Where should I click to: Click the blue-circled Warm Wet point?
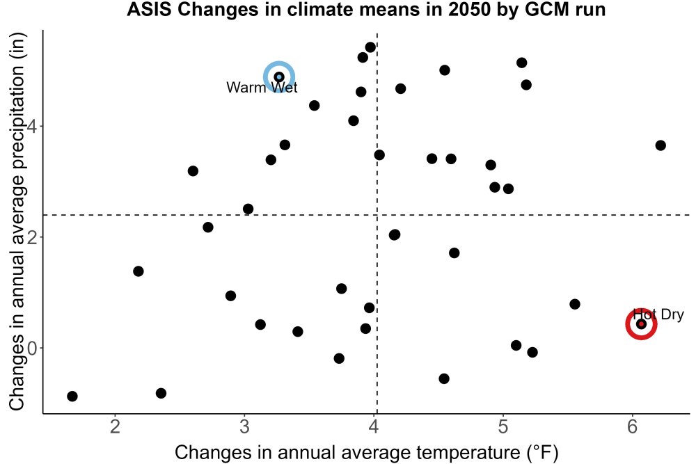tap(279, 77)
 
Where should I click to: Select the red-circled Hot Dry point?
tap(641, 324)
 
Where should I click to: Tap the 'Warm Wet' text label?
tap(262, 88)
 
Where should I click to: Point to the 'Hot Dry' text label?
tap(658, 314)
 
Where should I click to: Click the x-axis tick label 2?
tap(116, 426)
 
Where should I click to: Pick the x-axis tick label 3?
tap(244, 426)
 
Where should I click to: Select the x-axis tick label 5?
tap(503, 426)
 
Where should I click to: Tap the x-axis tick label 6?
tap(632, 426)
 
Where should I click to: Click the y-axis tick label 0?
tap(32, 348)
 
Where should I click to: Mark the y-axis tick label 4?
tap(32, 127)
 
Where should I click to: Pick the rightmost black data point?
tap(661, 145)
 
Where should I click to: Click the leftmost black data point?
tap(72, 396)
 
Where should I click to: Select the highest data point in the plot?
tap(370, 47)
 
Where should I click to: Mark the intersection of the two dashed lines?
tap(377, 215)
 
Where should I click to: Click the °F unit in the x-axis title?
tap(542, 452)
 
